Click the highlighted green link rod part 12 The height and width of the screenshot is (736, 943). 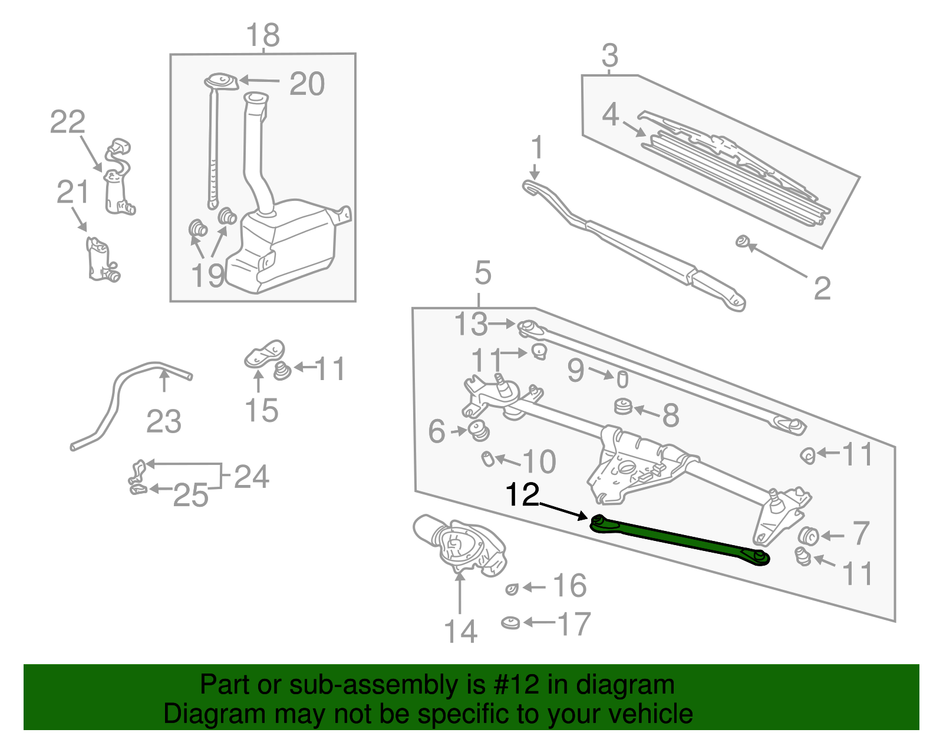click(x=678, y=539)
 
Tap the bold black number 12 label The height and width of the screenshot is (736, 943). click(x=522, y=495)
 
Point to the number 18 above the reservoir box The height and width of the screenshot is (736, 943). click(x=263, y=35)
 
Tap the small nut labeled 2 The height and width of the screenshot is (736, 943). click(x=742, y=241)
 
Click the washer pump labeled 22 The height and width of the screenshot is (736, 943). click(x=118, y=177)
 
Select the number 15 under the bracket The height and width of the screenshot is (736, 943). click(x=261, y=410)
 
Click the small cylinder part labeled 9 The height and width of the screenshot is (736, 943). click(x=622, y=379)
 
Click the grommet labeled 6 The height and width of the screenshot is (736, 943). click(x=479, y=431)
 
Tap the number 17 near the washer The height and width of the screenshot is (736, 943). click(x=573, y=624)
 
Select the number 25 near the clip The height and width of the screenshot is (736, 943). click(x=191, y=495)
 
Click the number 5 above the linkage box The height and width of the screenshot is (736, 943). click(x=482, y=273)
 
